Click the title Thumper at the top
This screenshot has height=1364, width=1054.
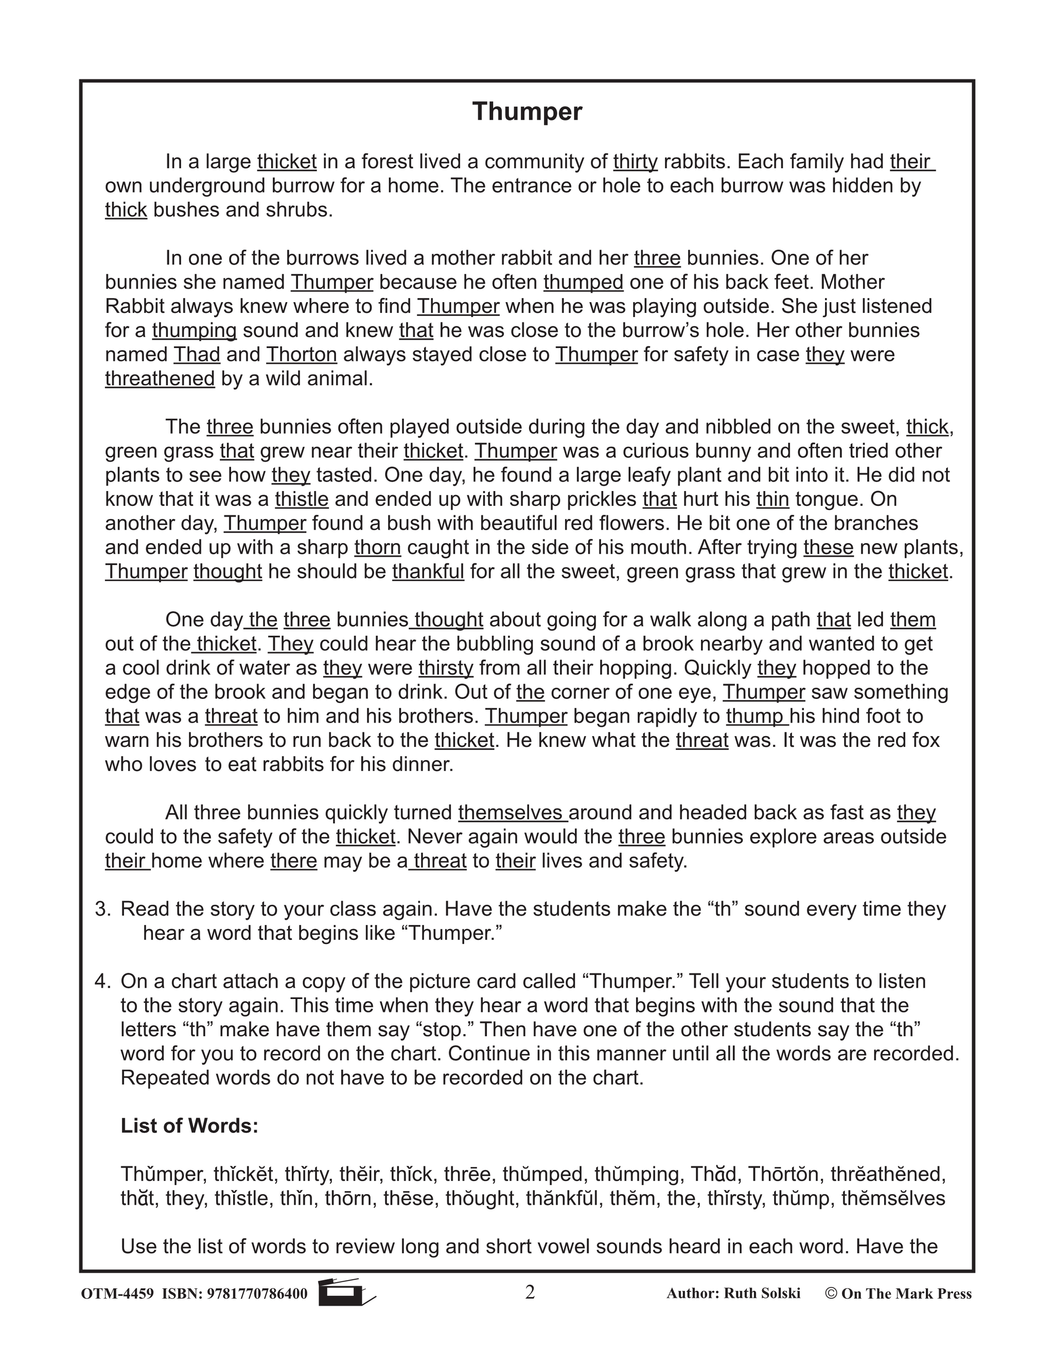[527, 112]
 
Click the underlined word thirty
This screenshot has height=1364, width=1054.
[635, 162]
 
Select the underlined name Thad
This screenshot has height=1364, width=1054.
[197, 355]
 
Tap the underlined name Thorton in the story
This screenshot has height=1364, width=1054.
[302, 355]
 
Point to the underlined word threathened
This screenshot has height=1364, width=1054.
[160, 378]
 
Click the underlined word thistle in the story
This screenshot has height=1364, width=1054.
[302, 499]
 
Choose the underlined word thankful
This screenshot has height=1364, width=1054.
[428, 571]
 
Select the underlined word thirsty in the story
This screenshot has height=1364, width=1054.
[446, 668]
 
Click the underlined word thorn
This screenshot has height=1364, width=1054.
[377, 548]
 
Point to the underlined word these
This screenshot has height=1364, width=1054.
[828, 548]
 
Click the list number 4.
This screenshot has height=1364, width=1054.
[102, 981]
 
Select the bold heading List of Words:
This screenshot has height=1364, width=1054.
[189, 1125]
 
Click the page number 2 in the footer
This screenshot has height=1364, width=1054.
[530, 1292]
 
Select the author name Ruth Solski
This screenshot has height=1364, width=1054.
[762, 1293]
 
